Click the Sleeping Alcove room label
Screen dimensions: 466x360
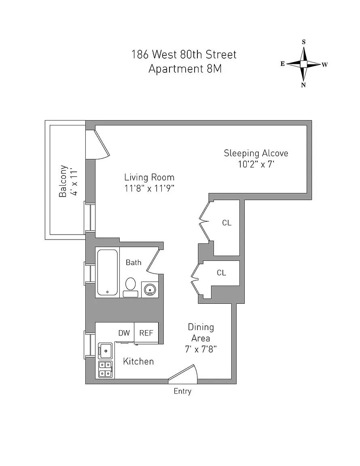[256, 153]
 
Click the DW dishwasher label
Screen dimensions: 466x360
[124, 333]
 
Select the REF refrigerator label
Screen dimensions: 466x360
[146, 333]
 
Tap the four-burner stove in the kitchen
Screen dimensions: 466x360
[105, 369]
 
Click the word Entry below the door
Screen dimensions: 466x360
[182, 391]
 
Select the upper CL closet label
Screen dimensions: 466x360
[227, 223]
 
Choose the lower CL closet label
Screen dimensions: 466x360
[221, 273]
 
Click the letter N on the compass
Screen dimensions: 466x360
[303, 85]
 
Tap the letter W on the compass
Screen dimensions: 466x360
[324, 65]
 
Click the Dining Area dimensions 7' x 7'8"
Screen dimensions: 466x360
[201, 349]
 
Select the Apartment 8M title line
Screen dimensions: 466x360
[184, 69]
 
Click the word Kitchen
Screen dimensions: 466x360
[138, 361]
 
